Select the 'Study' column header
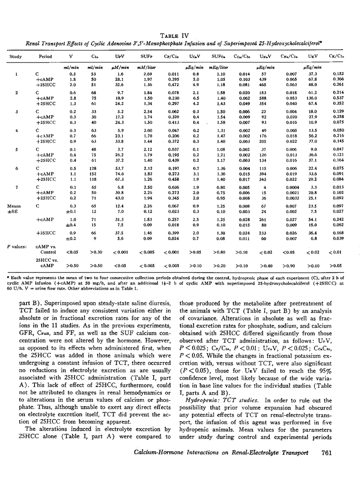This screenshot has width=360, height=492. click(x=16, y=56)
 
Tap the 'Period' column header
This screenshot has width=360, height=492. click(x=45, y=56)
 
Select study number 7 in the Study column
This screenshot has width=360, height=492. click(x=16, y=187)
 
